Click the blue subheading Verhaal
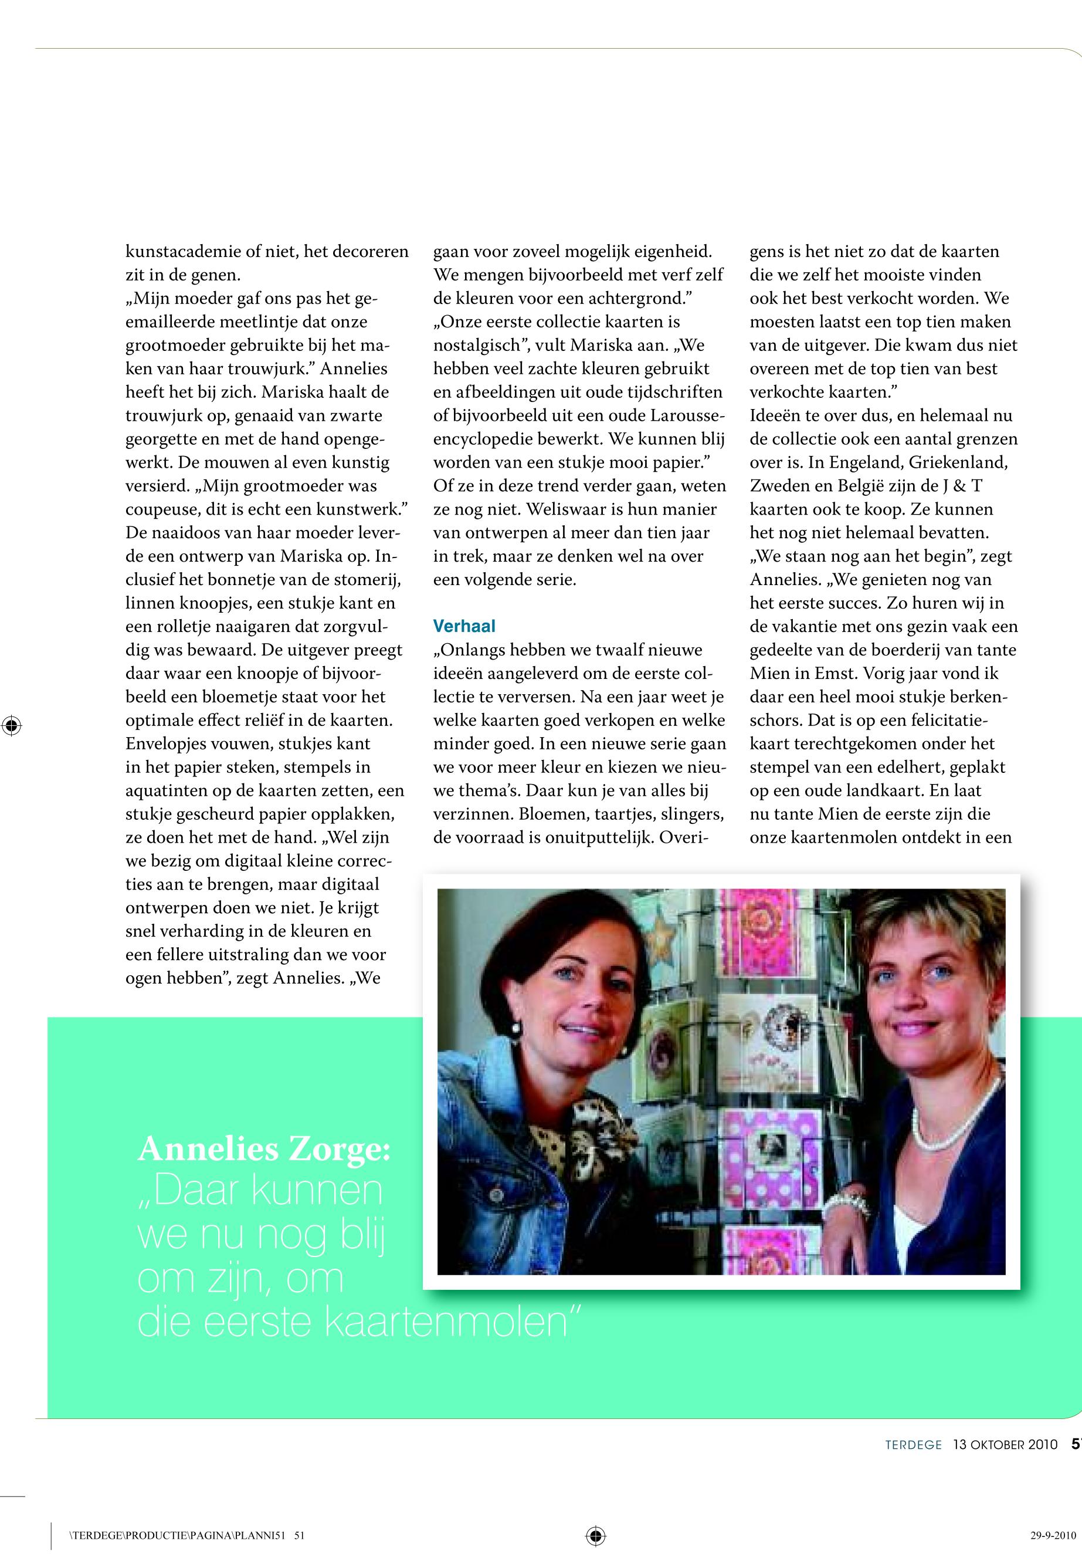tap(464, 626)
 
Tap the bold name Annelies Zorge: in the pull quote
tap(264, 1148)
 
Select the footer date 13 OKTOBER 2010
tap(1005, 1445)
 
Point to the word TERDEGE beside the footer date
tap(913, 1445)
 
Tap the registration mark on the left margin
tap(12, 726)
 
